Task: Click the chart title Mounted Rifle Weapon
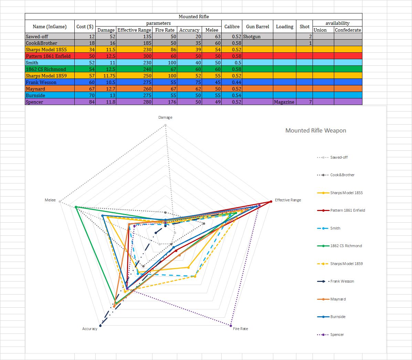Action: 316,130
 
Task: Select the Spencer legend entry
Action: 337,335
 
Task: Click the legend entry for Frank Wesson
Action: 342,281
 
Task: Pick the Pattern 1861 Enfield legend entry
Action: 347,210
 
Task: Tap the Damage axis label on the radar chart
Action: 165,117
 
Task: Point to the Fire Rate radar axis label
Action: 240,329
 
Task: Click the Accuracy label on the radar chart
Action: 89,329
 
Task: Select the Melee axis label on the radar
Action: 50,200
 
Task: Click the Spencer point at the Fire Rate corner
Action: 230,325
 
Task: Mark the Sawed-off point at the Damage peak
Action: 165,125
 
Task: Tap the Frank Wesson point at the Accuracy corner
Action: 100,325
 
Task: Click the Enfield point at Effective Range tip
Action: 270,202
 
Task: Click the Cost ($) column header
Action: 85,27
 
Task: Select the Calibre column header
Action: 232,27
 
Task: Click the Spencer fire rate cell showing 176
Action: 165,102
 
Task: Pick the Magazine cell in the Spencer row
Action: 284,102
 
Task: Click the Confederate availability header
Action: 348,30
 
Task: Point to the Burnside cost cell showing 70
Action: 85,95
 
